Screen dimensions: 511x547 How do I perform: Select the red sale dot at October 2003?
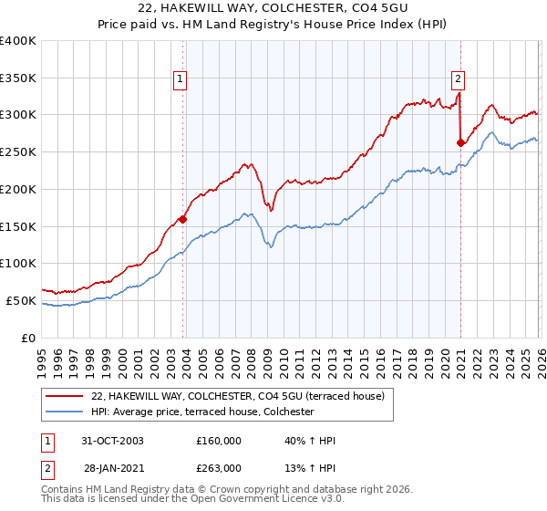click(x=183, y=219)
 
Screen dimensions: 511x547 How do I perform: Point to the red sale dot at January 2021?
click(x=460, y=142)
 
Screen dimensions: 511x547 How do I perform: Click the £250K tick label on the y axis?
click(x=18, y=152)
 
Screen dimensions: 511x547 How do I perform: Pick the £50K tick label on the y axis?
click(x=21, y=300)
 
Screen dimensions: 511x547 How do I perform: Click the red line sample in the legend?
click(x=66, y=396)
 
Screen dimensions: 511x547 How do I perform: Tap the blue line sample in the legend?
click(x=66, y=412)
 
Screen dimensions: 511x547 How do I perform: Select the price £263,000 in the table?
click(x=219, y=467)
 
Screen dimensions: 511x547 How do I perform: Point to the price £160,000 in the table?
click(x=219, y=441)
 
